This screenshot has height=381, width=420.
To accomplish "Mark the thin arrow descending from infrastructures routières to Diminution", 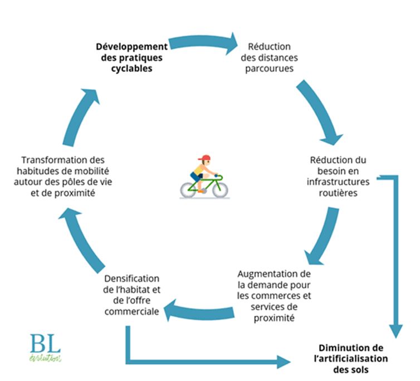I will click(x=396, y=256).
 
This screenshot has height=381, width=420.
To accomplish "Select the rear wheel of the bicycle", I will click(x=188, y=189).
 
